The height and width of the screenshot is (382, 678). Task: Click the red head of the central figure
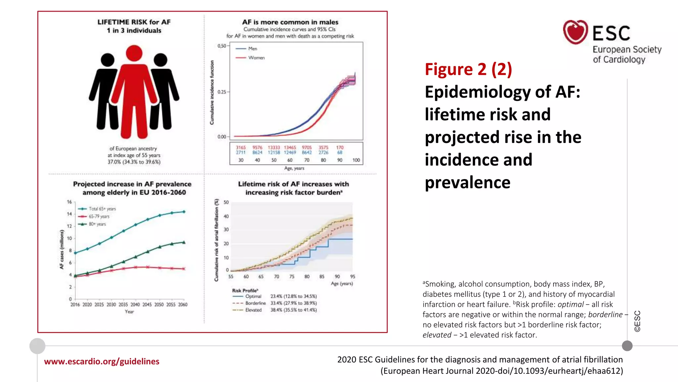point(134,53)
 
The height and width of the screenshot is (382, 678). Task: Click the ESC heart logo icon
point(575,32)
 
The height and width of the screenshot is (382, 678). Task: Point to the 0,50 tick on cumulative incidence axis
point(221,46)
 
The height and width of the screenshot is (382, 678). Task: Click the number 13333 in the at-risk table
point(274,148)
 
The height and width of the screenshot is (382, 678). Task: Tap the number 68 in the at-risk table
point(340,153)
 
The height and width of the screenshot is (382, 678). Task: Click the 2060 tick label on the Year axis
point(183,304)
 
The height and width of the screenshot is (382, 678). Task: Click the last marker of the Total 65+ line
point(184,212)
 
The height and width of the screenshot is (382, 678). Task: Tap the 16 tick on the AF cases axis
point(69,202)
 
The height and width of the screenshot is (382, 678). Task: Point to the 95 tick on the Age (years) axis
point(353,277)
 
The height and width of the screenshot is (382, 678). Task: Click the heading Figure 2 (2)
point(468,69)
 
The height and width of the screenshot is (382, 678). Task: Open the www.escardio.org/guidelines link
point(102,361)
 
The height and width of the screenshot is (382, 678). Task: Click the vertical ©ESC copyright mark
point(637,321)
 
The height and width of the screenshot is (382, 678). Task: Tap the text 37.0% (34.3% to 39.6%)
point(134,162)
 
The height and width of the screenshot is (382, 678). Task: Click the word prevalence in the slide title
point(467,182)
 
